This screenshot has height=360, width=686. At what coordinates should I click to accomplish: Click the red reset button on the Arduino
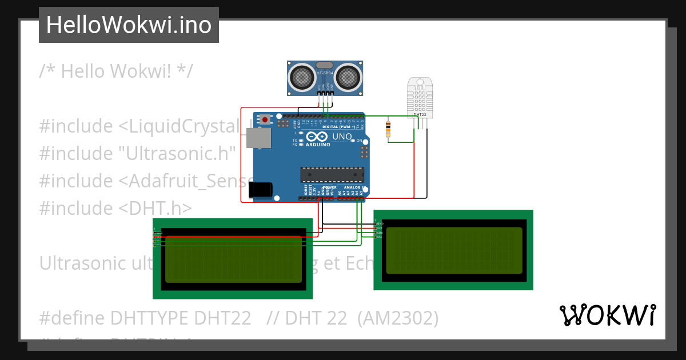265,119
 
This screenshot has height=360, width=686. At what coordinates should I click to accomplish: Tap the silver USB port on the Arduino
258,138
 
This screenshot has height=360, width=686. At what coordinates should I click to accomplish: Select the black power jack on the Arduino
262,190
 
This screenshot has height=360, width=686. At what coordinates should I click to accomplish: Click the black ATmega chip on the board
332,174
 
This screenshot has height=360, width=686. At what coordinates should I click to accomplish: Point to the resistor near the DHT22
389,129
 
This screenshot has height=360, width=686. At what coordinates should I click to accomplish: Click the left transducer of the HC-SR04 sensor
301,77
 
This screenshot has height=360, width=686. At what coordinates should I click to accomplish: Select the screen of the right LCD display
453,251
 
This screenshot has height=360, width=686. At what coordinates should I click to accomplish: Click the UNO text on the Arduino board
342,137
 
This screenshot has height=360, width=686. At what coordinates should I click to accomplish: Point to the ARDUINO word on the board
318,145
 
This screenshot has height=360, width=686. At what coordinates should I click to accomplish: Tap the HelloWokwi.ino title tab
129,25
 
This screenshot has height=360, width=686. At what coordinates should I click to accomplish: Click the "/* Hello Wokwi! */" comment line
116,71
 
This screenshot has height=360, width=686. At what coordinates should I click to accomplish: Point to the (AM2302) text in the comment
398,318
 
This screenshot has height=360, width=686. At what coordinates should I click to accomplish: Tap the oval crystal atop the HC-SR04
324,66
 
